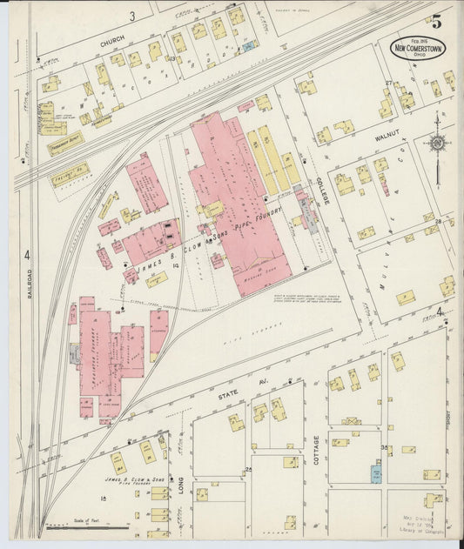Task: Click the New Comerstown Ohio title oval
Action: pos(419,48)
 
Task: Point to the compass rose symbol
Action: pos(438,144)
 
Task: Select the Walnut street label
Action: pos(387,136)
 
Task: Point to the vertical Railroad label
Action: pos(28,283)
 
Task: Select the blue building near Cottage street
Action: pos(377,475)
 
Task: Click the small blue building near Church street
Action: pos(249,45)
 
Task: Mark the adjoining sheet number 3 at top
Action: pos(133,16)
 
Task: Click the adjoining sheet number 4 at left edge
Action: pos(27,255)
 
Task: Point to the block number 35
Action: pos(384,447)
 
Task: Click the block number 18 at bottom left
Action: pos(104,498)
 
